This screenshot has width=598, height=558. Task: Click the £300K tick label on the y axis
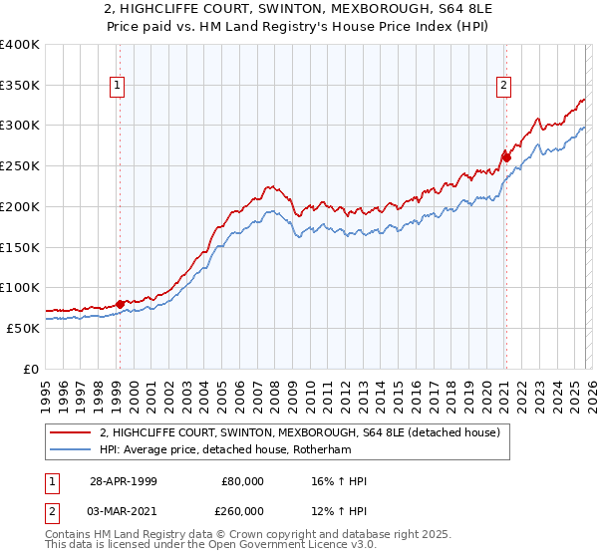pyautogui.click(x=20, y=126)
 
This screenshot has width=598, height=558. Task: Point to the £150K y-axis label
pyautogui.click(x=20, y=246)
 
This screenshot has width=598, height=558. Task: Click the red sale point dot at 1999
pyautogui.click(x=121, y=304)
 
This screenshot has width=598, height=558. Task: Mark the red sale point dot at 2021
pyautogui.click(x=506, y=156)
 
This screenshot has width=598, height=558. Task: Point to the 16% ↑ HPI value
pyautogui.click(x=339, y=482)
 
